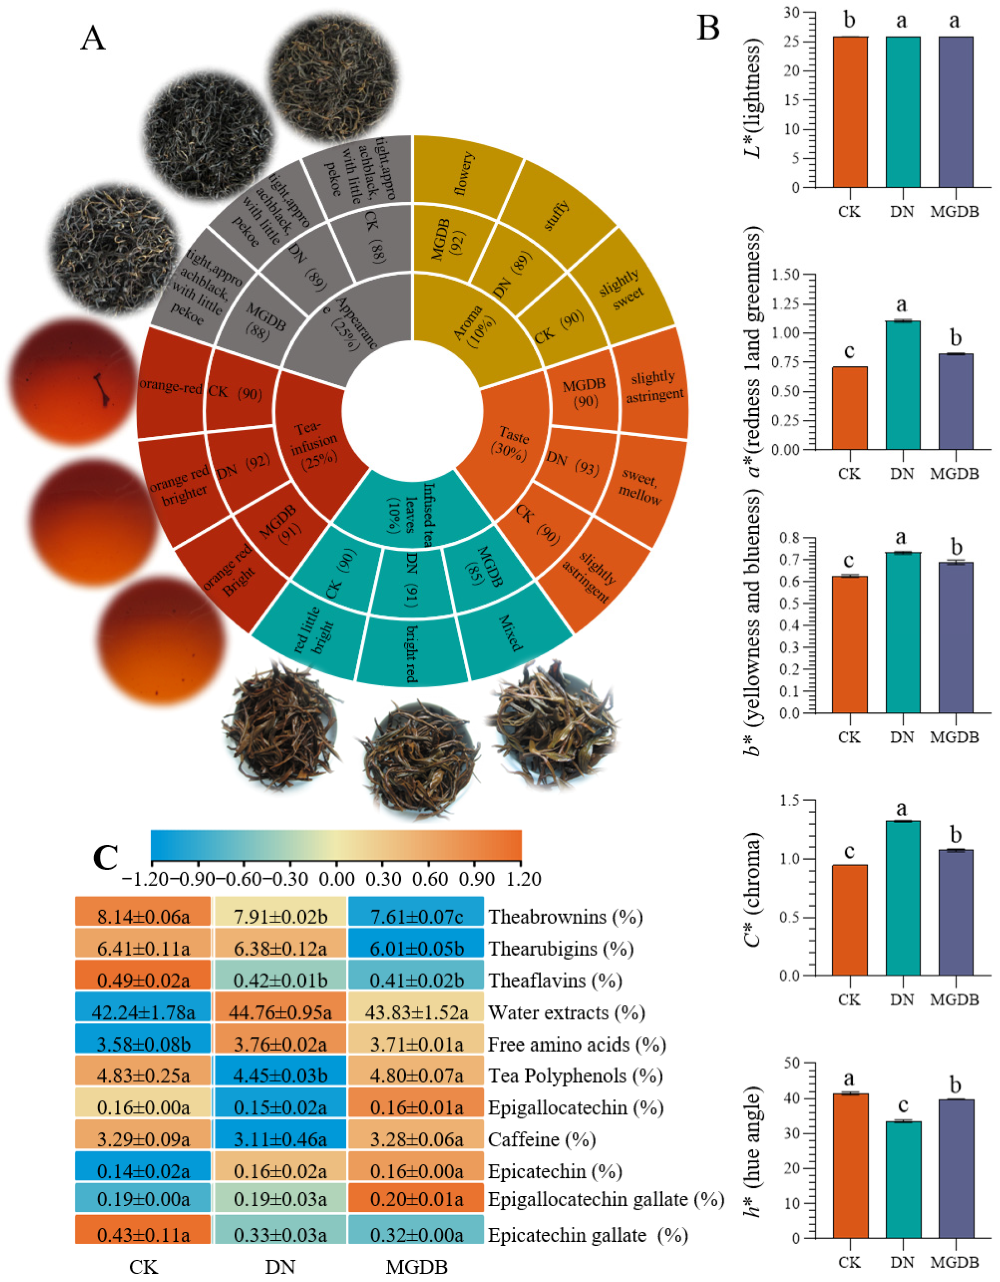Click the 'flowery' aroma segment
[465, 171]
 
